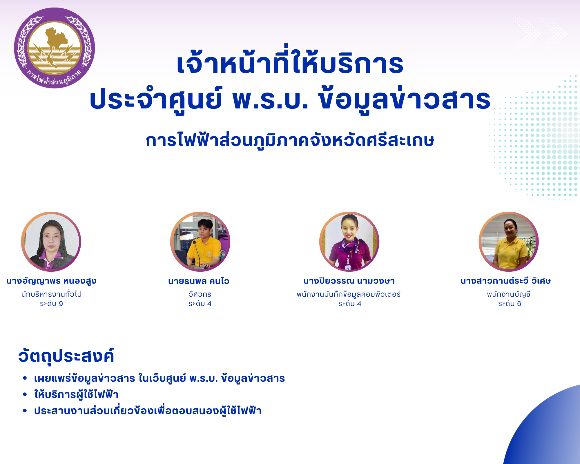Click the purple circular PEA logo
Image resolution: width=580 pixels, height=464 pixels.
[55, 48]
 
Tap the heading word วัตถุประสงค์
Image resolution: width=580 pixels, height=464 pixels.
[66, 356]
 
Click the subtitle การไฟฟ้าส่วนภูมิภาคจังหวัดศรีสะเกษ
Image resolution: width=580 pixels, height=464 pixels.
[290, 141]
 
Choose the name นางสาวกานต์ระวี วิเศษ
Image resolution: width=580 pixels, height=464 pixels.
[505, 281]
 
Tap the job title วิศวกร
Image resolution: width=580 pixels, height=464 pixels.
[200, 294]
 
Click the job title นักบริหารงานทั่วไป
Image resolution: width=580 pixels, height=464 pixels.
[51, 294]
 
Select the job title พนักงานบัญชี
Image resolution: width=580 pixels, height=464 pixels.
[509, 294]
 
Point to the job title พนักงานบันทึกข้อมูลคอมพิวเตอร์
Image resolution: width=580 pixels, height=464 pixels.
[349, 294]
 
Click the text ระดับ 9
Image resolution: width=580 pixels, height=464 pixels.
[51, 304]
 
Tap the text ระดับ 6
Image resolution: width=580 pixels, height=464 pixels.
[510, 304]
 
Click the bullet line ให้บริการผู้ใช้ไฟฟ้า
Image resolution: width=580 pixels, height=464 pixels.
[76, 394]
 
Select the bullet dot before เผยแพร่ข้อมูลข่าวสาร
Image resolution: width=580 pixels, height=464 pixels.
[25, 378]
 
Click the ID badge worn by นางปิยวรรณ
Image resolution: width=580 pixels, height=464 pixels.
[348, 267]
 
